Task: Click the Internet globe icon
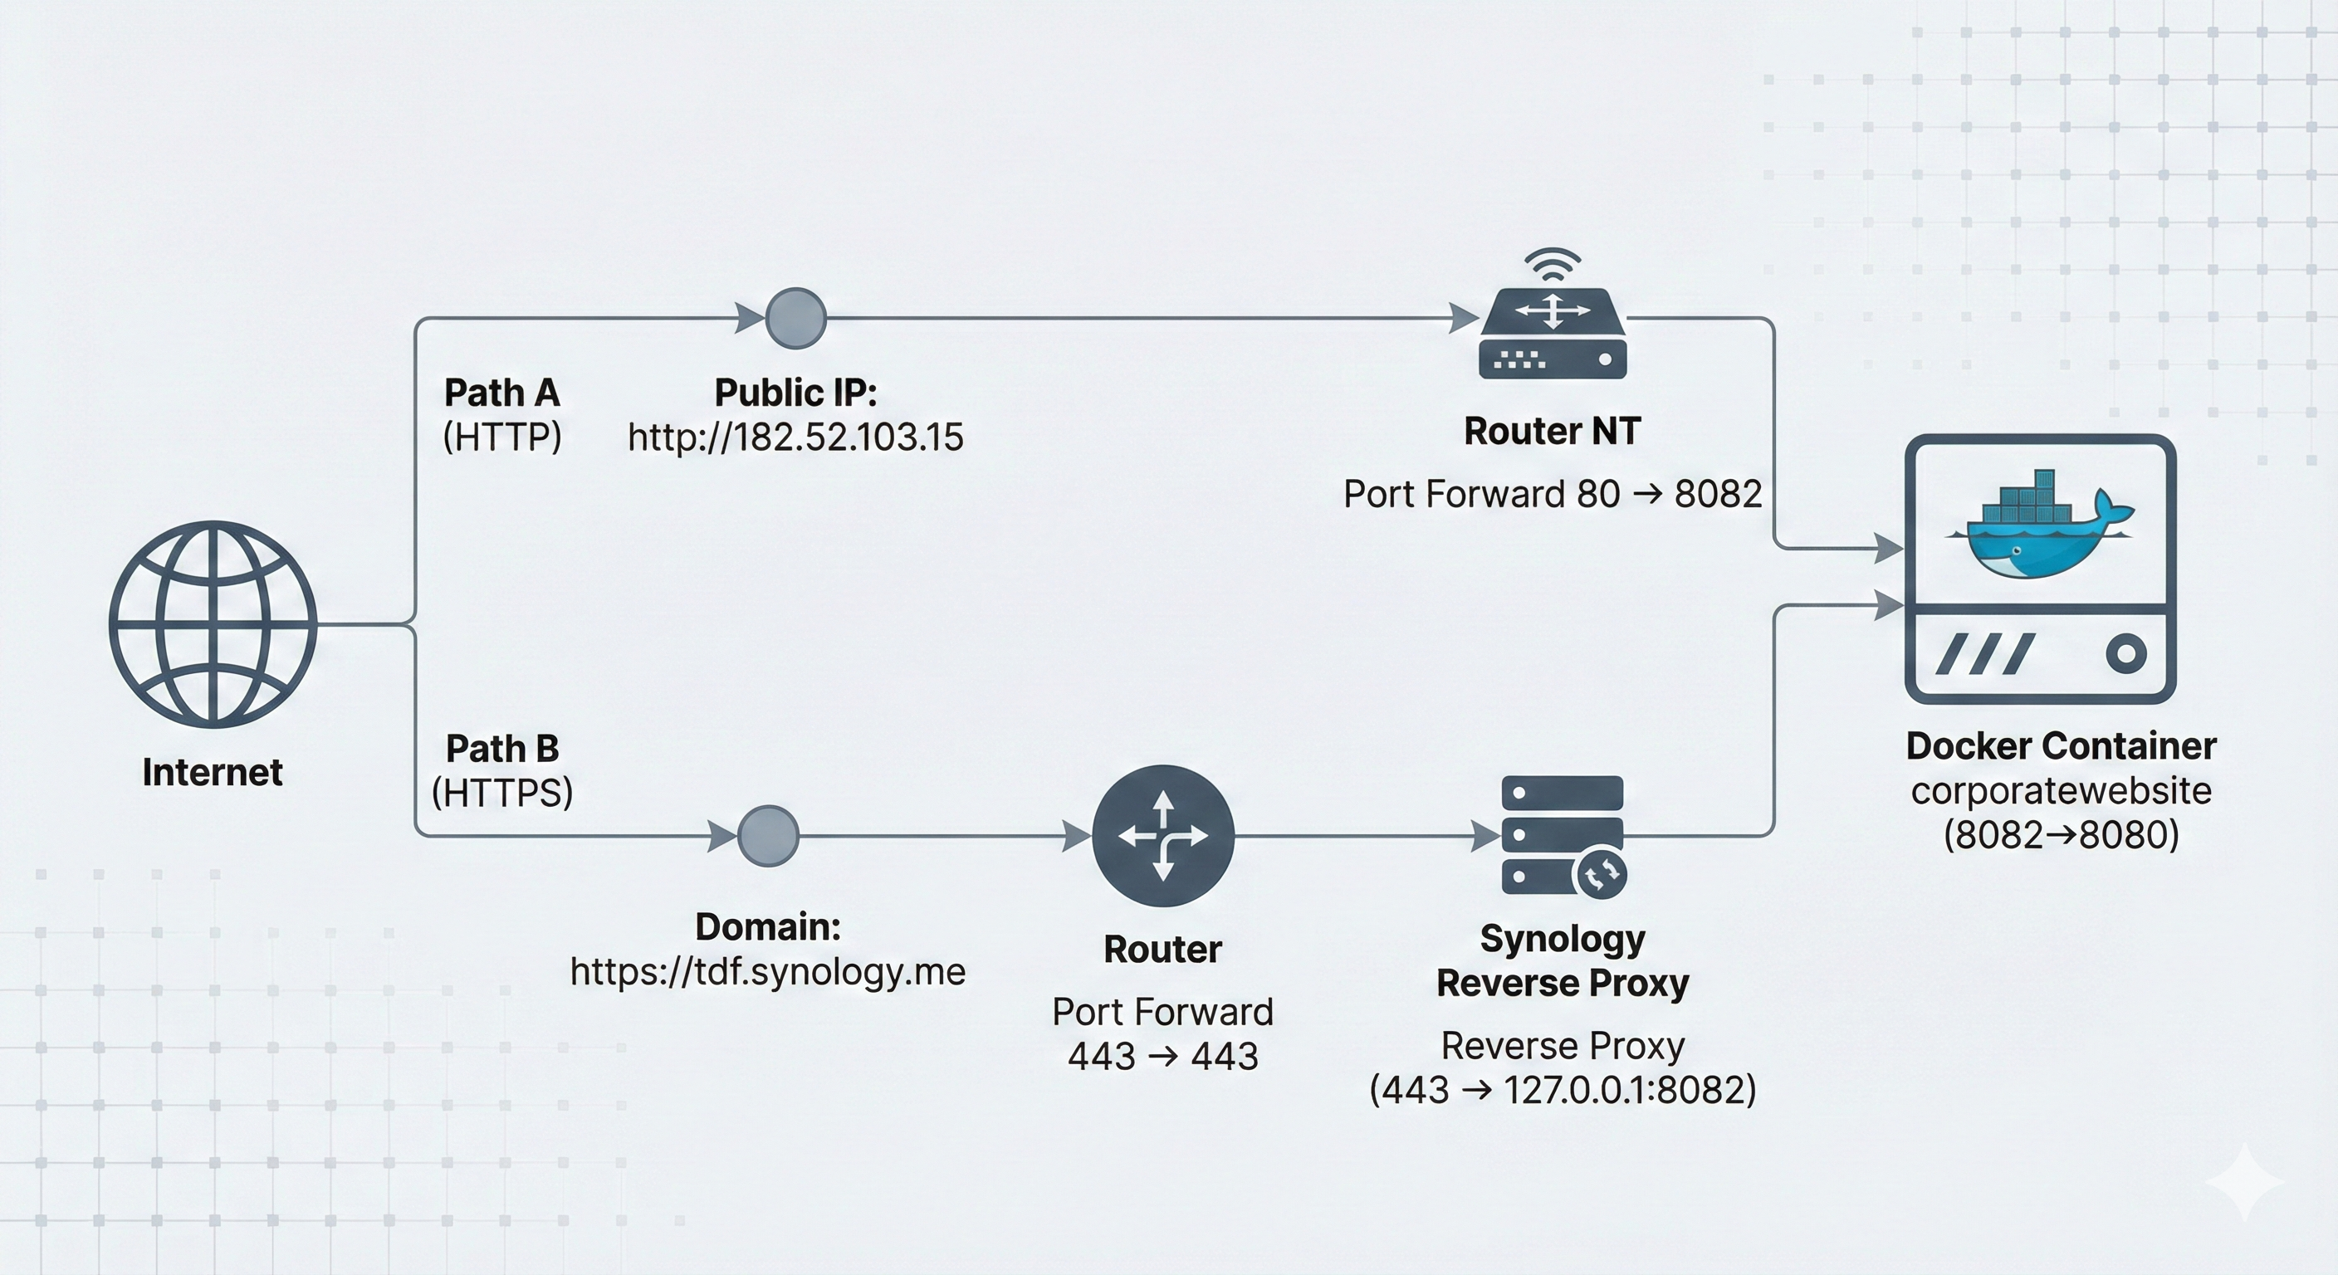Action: (x=213, y=623)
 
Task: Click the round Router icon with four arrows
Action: (x=1162, y=836)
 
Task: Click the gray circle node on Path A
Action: (x=796, y=319)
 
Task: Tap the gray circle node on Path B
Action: (x=768, y=836)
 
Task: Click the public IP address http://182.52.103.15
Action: (x=795, y=437)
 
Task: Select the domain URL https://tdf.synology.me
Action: (x=768, y=972)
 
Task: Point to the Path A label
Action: (x=502, y=393)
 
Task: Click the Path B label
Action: (x=502, y=749)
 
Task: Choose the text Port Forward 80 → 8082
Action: (x=1552, y=495)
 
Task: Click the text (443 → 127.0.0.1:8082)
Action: (x=1562, y=1090)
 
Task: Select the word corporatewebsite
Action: (x=2060, y=790)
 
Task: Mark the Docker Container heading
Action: (x=2060, y=746)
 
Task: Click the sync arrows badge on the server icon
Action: (x=1601, y=875)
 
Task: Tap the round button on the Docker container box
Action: (x=2125, y=653)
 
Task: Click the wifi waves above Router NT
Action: (x=1553, y=264)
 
